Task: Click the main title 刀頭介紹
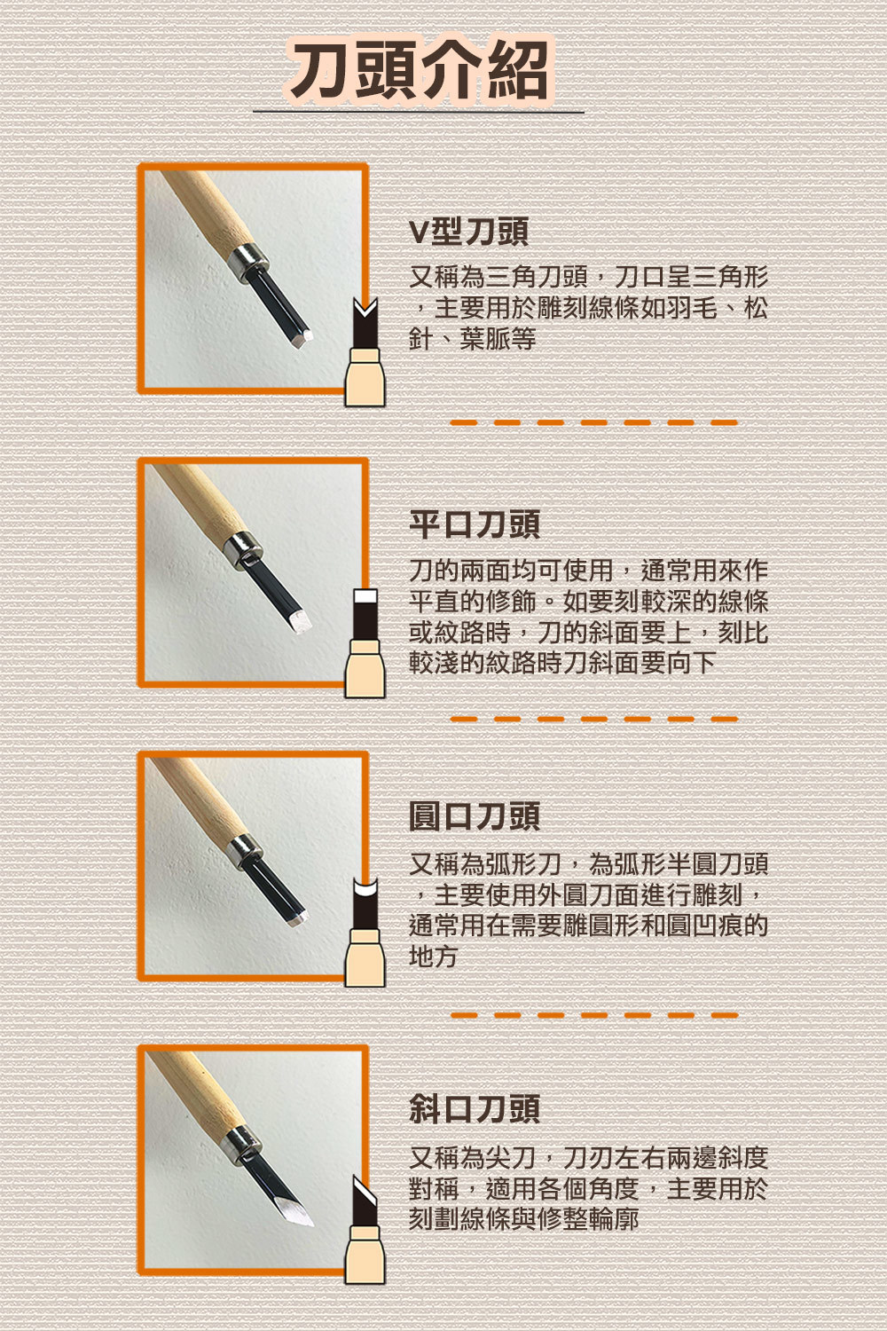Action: click(419, 69)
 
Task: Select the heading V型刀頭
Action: click(468, 232)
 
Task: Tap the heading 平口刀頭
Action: click(475, 524)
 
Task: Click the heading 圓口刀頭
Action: click(475, 815)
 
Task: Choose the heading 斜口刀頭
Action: click(475, 1108)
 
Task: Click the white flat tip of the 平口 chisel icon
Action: click(365, 596)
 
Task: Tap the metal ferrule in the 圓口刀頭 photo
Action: click(245, 851)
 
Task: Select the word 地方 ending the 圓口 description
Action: click(433, 956)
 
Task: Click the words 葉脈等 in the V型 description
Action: click(498, 339)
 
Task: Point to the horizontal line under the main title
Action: click(419, 112)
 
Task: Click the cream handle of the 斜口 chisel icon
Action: click(365, 1255)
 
